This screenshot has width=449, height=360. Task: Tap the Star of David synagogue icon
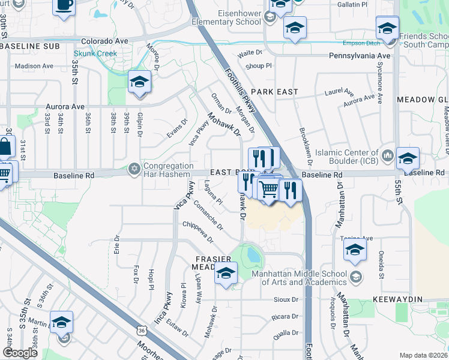tap(134, 170)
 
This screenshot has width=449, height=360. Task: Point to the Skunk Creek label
tap(100, 53)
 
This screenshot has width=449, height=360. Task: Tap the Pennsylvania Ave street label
tap(360, 56)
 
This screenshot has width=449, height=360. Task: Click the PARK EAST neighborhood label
tap(274, 92)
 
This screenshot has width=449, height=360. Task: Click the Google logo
tap(20, 352)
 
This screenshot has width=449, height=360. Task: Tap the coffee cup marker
tap(64, 5)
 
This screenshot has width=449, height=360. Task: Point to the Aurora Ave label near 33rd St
tap(65, 106)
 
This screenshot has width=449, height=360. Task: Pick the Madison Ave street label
tap(34, 66)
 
